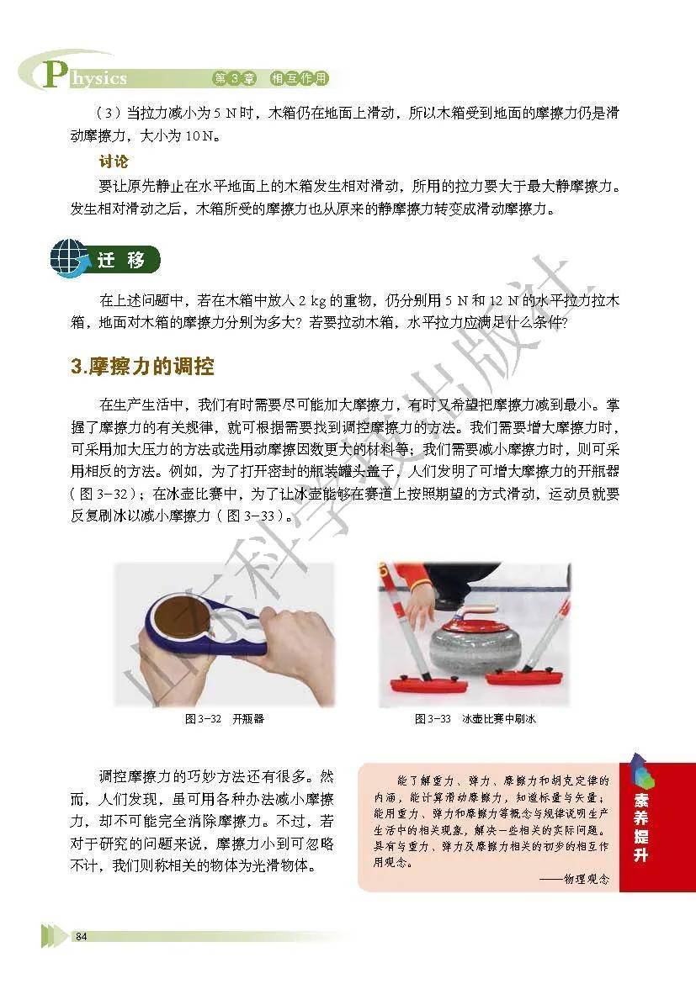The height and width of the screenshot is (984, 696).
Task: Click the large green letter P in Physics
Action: [x=54, y=75]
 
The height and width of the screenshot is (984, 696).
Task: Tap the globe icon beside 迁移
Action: [x=68, y=258]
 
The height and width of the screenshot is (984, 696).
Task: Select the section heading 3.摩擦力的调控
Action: [x=142, y=367]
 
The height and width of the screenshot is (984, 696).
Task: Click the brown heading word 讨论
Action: [x=113, y=161]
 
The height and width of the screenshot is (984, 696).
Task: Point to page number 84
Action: [x=81, y=936]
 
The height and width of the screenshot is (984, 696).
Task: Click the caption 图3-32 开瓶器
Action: [x=224, y=719]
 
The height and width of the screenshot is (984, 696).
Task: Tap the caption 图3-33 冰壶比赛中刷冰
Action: [x=475, y=719]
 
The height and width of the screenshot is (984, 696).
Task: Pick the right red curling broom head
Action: [x=523, y=676]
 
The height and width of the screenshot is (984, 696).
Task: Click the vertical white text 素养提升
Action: [x=640, y=827]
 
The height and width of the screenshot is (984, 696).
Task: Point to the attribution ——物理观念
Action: [x=574, y=879]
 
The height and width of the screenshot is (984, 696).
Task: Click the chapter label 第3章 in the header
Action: [x=235, y=78]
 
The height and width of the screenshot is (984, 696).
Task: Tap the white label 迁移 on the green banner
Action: [x=121, y=259]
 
